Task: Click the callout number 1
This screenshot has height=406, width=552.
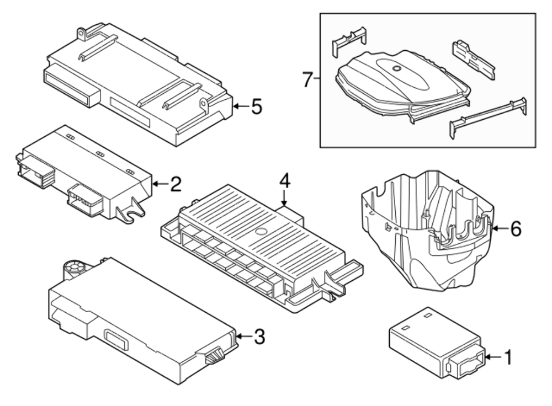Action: [x=507, y=358]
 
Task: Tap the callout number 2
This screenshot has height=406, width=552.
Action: [x=176, y=184]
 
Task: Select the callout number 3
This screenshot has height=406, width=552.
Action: [x=259, y=336]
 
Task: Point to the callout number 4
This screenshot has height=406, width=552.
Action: [x=284, y=180]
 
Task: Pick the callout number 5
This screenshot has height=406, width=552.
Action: [x=256, y=106]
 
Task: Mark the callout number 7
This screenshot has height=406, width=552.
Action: [x=307, y=79]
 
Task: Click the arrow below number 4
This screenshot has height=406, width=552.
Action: [x=284, y=199]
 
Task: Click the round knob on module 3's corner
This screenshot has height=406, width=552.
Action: [x=71, y=268]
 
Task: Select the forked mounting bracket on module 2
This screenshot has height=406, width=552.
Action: [x=130, y=211]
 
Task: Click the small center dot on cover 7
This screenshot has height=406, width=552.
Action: [x=396, y=68]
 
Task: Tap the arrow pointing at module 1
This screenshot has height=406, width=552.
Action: [x=492, y=358]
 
